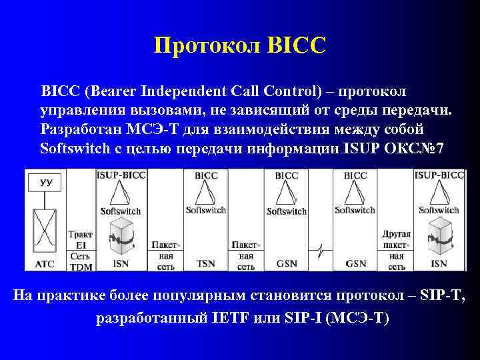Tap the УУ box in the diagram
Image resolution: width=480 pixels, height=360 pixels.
[46, 181]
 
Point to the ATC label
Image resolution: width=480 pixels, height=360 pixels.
[45, 263]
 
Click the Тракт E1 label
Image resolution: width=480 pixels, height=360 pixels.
[81, 240]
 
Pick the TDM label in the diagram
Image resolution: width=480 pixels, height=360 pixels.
[81, 267]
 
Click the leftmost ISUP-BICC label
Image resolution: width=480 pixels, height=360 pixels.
[121, 175]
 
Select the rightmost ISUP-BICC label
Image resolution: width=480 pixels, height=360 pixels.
[439, 175]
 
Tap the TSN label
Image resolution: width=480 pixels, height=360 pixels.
[206, 263]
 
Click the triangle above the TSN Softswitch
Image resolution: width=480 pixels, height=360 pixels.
[206, 193]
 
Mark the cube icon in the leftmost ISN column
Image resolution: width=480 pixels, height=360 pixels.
[121, 237]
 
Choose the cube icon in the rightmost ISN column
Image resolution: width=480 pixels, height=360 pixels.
[439, 237]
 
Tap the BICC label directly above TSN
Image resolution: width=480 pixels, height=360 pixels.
[206, 175]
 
